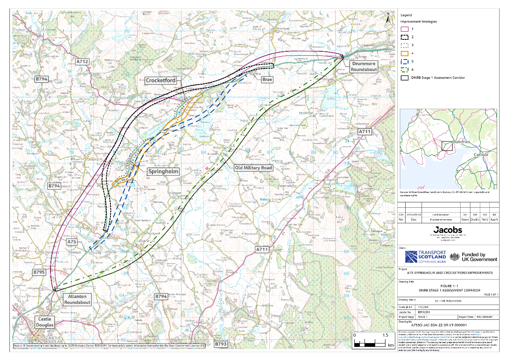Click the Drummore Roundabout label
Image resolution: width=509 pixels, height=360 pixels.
point(364,67)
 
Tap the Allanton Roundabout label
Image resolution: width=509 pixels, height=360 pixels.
point(77,299)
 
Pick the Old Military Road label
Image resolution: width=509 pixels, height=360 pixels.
point(253,168)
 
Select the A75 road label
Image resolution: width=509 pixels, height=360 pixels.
point(72,242)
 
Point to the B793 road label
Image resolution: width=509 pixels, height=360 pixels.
point(221,344)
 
